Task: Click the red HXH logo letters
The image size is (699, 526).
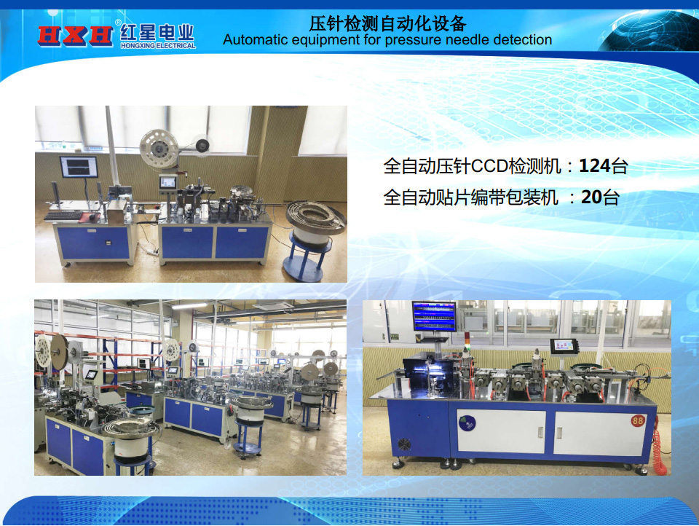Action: pyautogui.click(x=75, y=35)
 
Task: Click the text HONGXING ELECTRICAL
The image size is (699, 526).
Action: pyautogui.click(x=158, y=45)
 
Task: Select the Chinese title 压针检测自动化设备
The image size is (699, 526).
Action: pyautogui.click(x=387, y=23)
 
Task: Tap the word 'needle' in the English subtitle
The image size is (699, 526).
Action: pyautogui.click(x=468, y=40)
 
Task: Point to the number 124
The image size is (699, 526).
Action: pyautogui.click(x=594, y=166)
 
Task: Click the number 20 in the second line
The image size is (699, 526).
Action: pyautogui.click(x=592, y=197)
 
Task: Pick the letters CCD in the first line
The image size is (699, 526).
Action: pyautogui.click(x=489, y=166)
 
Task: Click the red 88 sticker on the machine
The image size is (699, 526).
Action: pyautogui.click(x=638, y=420)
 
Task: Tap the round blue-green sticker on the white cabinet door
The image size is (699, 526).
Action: pyautogui.click(x=467, y=423)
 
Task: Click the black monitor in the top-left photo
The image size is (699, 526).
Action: pyautogui.click(x=79, y=167)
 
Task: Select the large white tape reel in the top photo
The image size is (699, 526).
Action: pyautogui.click(x=159, y=149)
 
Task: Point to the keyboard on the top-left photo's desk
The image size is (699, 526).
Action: pyautogui.click(x=63, y=216)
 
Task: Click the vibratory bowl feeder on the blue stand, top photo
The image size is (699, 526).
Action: pyautogui.click(x=315, y=217)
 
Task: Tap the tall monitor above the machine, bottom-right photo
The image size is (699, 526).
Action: pyautogui.click(x=434, y=316)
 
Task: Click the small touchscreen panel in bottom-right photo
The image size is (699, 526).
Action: pyautogui.click(x=564, y=347)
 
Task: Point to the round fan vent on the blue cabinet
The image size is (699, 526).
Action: pyautogui.click(x=404, y=444)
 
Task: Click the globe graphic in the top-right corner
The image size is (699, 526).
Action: pyautogui.click(x=651, y=31)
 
